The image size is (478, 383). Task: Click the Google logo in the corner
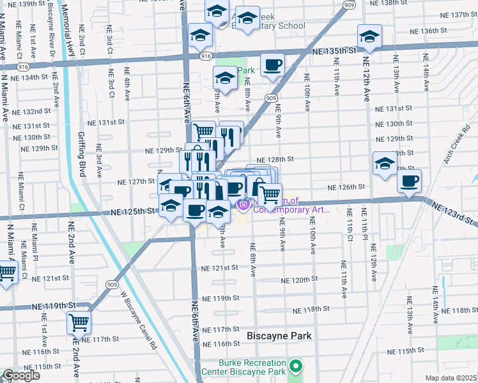tap(21, 375)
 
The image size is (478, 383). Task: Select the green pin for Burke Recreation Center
tap(295, 366)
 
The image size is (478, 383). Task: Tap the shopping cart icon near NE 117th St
tap(79, 322)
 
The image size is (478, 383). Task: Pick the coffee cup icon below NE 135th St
tap(272, 65)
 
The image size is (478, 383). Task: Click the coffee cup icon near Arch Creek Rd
tap(409, 181)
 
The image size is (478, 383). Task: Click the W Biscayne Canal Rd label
tap(139, 320)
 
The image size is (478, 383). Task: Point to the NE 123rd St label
tap(454, 213)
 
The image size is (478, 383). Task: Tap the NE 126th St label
tap(346, 187)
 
